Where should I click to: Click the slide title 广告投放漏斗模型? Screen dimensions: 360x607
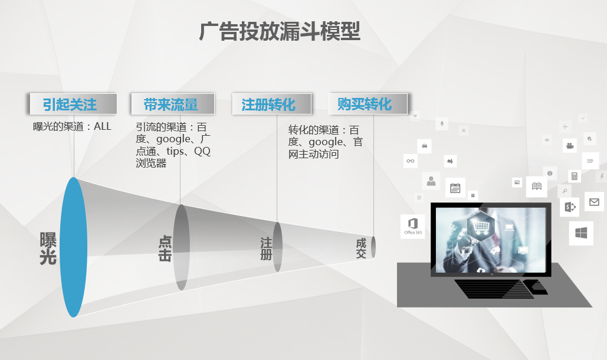click(x=280, y=32)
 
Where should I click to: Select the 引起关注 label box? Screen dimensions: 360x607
click(x=70, y=104)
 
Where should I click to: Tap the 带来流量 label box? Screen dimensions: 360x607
click(x=171, y=105)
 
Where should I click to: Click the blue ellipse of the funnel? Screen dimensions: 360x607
click(x=74, y=247)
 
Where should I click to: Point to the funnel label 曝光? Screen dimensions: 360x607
click(x=48, y=248)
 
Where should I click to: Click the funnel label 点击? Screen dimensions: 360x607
click(x=165, y=248)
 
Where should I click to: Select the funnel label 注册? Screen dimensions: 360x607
click(x=266, y=248)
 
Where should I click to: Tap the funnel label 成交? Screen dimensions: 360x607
click(x=361, y=248)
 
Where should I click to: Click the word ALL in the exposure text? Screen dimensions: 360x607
click(x=101, y=126)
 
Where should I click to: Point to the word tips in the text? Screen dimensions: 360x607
click(x=176, y=152)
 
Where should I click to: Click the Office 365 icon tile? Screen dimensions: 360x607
click(x=412, y=226)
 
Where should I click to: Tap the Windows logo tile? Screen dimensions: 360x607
click(x=581, y=233)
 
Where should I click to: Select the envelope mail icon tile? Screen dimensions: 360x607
click(x=593, y=202)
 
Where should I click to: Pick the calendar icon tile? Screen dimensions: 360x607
click(x=455, y=188)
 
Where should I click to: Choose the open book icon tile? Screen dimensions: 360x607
click(x=536, y=186)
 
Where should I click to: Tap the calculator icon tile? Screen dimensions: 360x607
click(x=574, y=176)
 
